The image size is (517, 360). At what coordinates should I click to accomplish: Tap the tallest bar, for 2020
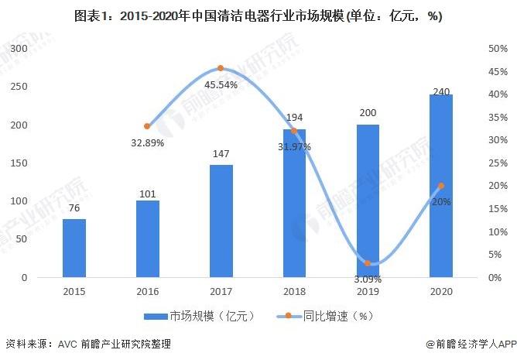(x=441, y=186)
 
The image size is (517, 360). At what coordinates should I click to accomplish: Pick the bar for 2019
(x=368, y=201)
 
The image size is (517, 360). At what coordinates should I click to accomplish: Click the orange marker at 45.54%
(x=221, y=69)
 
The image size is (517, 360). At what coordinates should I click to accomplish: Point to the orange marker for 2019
(x=368, y=263)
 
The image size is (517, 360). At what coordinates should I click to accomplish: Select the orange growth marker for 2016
(x=147, y=126)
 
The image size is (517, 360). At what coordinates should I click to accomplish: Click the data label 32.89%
(x=147, y=142)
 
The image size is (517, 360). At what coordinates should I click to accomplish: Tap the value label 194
(x=294, y=118)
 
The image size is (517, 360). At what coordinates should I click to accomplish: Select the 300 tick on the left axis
(x=17, y=49)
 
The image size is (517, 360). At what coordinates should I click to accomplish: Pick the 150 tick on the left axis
(x=17, y=163)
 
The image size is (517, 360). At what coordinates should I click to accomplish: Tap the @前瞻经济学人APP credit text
(x=471, y=344)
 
